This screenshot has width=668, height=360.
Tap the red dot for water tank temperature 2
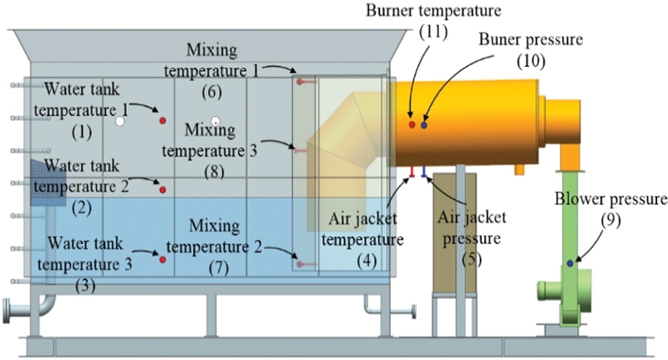(x=163, y=190)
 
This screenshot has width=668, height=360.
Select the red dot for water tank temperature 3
(x=163, y=259)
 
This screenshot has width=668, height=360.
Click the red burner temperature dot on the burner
(x=412, y=124)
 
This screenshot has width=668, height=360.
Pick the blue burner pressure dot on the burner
(x=424, y=124)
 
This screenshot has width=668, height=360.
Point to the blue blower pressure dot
(x=570, y=263)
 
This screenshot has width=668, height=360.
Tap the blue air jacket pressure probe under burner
(x=424, y=172)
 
